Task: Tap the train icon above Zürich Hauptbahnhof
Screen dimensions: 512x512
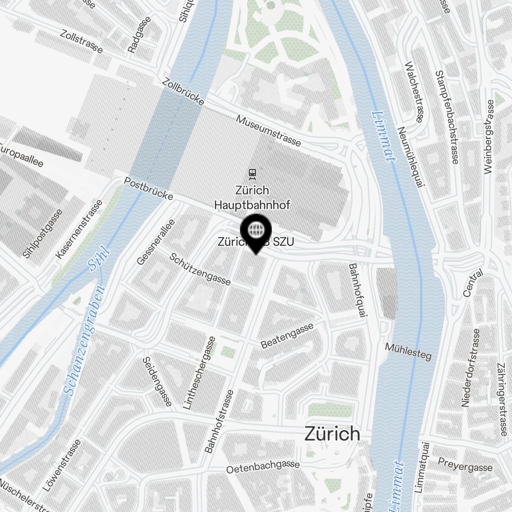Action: point(251,174)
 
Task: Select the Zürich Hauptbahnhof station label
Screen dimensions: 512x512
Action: point(252,198)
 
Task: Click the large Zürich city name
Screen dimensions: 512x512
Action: point(332,434)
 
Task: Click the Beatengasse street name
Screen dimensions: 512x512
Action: point(287,336)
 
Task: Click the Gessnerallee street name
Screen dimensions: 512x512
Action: point(156,242)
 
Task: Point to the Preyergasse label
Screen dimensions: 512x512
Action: point(466,466)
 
